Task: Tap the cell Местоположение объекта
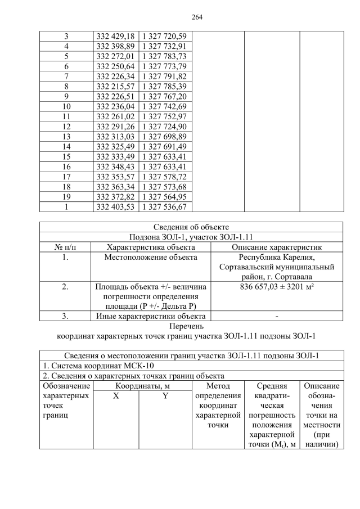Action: [x=151, y=258]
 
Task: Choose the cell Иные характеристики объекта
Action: [x=151, y=316]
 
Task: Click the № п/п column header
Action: [x=66, y=247]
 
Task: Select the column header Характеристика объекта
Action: [x=151, y=247]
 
